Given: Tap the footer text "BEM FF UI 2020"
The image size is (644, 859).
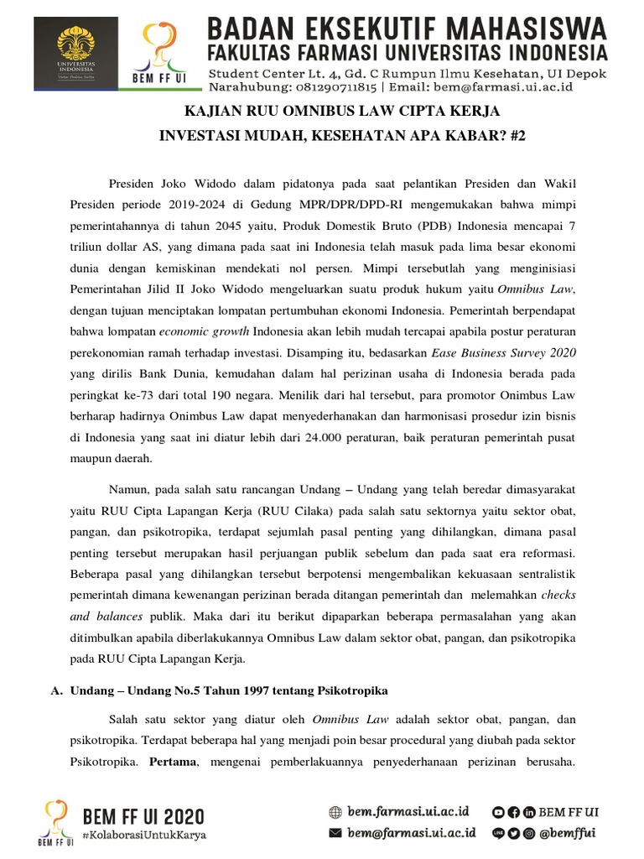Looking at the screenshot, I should (x=143, y=816).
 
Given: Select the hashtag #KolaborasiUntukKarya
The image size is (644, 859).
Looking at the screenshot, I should (x=143, y=836).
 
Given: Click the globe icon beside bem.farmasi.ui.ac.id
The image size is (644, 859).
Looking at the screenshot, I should (x=335, y=812).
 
